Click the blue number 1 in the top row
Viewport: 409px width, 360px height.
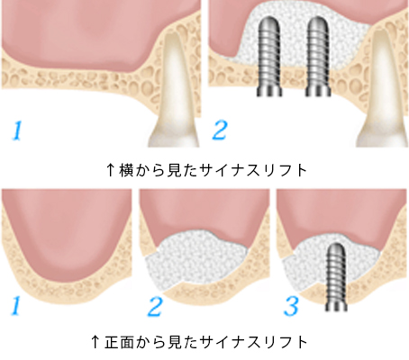17,130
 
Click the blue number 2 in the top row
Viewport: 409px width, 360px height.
220,130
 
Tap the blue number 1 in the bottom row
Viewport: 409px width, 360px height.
15,306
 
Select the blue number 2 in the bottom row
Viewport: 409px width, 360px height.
155,307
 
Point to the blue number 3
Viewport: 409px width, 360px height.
291,307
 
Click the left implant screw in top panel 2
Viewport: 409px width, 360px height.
269,57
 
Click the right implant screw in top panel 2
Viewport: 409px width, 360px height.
318,57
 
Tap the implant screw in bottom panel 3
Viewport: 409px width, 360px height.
336,277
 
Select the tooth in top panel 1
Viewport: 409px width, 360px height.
174,90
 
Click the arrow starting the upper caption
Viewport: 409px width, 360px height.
111,170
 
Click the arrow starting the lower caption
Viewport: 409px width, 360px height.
95,342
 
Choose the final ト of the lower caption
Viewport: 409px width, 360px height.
301,342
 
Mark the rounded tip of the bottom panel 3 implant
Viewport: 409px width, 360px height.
336,247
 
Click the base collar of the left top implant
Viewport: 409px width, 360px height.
269,91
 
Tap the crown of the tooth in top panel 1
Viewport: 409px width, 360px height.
174,137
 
